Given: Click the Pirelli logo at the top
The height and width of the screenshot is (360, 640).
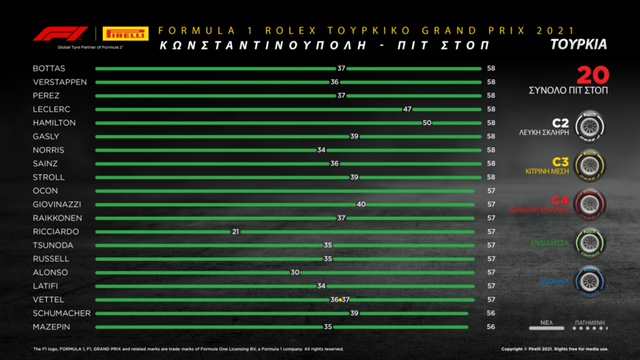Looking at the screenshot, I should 125,33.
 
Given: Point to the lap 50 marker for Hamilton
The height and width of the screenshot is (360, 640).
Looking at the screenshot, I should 427,122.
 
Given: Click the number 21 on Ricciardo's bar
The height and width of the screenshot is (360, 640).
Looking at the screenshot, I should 236,230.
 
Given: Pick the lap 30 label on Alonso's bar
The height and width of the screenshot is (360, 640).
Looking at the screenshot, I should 295,271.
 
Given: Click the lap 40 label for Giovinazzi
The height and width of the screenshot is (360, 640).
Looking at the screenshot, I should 360,203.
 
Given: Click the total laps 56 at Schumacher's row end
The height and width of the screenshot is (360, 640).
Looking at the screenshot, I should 491,312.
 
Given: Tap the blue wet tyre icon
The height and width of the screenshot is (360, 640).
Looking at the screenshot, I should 588,281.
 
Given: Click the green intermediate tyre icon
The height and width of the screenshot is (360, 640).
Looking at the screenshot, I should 588,243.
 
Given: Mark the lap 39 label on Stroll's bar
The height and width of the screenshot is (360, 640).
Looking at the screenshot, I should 354,176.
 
